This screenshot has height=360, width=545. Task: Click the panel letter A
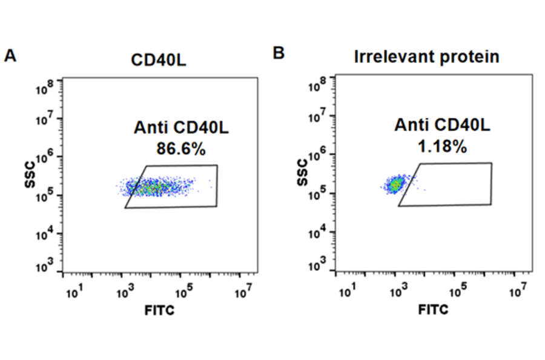(x=10, y=56)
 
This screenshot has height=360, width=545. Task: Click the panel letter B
(x=279, y=53)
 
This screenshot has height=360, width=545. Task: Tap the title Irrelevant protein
(x=426, y=57)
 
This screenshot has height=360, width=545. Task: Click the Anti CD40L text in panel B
(x=442, y=125)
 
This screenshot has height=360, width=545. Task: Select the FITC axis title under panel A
(x=160, y=311)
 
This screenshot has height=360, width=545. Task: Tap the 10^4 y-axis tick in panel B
(x=318, y=229)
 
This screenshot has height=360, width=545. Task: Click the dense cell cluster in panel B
(x=395, y=184)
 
